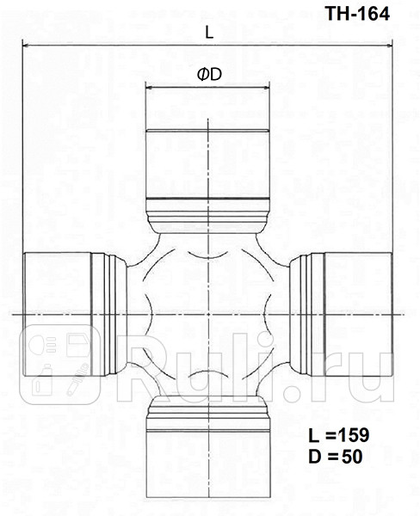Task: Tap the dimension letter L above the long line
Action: coord(209,33)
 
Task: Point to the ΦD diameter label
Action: coord(209,75)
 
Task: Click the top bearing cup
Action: coord(207,163)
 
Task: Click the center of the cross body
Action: coord(207,315)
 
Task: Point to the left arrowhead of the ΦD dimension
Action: coord(148,87)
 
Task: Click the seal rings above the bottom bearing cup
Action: coord(207,419)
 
